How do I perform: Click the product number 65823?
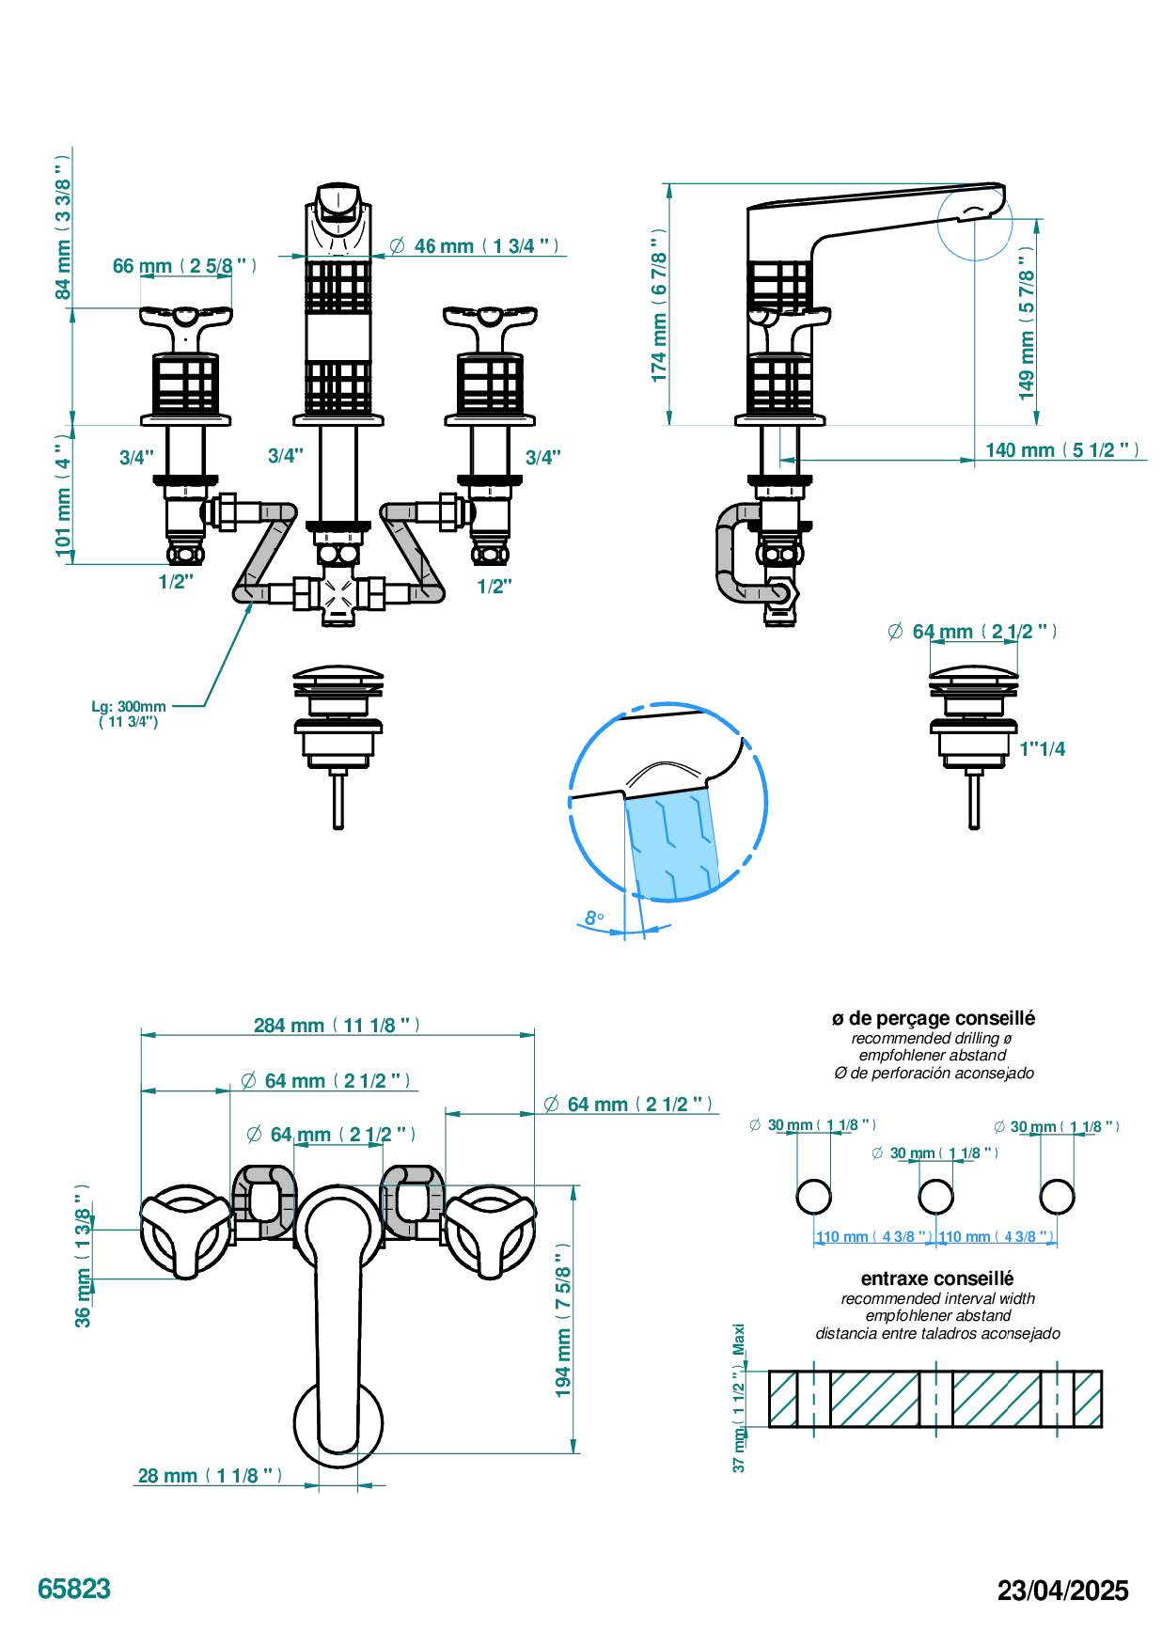click(74, 1589)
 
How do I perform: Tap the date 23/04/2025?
click(1062, 1591)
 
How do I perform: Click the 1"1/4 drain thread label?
click(1043, 749)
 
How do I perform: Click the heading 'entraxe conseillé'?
click(936, 1278)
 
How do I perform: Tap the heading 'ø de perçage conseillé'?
click(933, 1018)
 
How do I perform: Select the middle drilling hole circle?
click(935, 1197)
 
